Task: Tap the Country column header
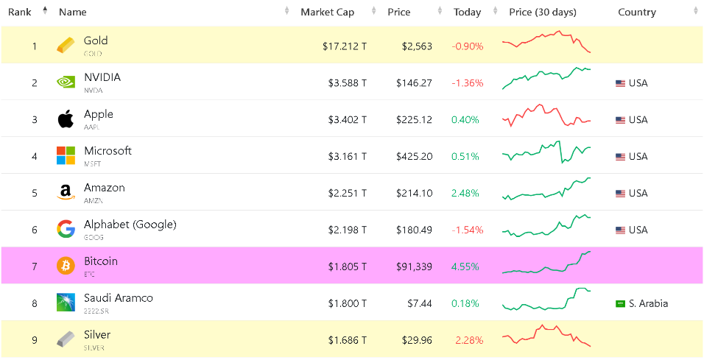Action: (x=637, y=12)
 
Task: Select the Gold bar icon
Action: (x=66, y=46)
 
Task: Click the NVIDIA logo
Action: (x=66, y=82)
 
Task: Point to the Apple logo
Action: (x=66, y=119)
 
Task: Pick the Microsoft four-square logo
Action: (x=66, y=155)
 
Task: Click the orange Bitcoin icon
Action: (x=66, y=266)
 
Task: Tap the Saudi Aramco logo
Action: (x=66, y=303)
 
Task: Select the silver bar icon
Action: (x=66, y=339)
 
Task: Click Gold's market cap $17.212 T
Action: (x=344, y=46)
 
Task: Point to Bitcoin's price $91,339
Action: (x=414, y=267)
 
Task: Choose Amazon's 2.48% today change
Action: (x=465, y=193)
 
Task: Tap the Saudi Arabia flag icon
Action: (x=620, y=303)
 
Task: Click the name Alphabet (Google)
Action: (x=130, y=225)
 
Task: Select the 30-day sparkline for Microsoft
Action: (x=546, y=153)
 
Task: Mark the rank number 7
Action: (x=34, y=267)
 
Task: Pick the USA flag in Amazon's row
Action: (x=620, y=193)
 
